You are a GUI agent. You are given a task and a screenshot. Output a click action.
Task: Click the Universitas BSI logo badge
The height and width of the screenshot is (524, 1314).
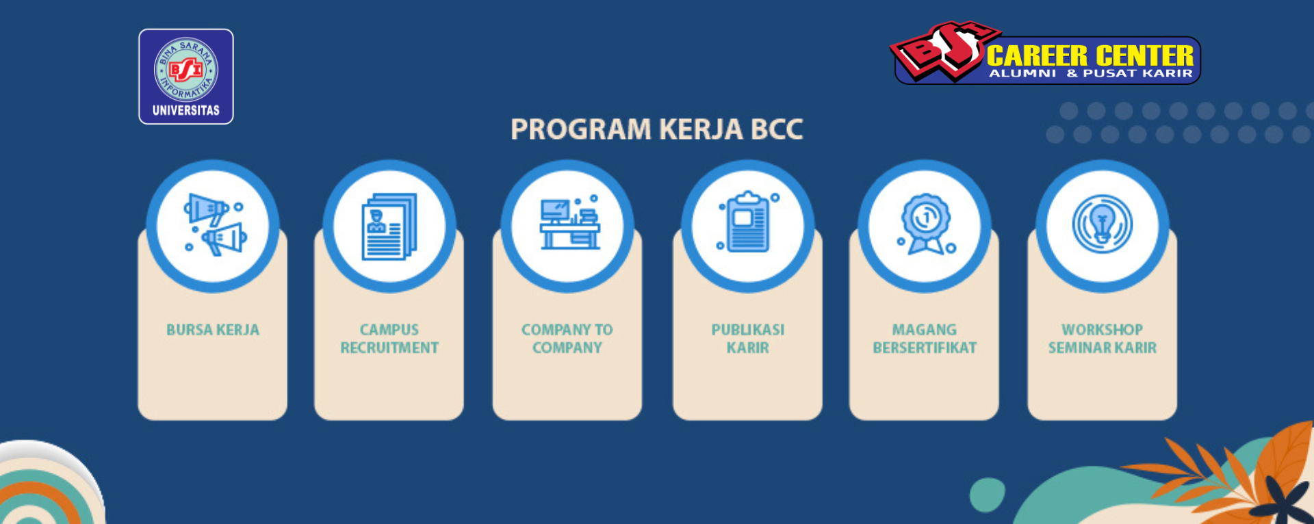point(186,77)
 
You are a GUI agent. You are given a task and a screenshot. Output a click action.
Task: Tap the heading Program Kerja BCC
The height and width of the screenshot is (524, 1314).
point(657,129)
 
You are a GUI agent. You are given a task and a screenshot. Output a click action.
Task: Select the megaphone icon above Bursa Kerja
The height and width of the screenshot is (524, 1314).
point(214,225)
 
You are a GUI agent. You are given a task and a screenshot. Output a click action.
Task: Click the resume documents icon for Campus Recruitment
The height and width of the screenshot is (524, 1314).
point(389,226)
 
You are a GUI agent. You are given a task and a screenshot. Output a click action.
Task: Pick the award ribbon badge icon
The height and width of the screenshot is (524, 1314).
point(925,224)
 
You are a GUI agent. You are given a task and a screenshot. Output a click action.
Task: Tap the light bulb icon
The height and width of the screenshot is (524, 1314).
point(1103,224)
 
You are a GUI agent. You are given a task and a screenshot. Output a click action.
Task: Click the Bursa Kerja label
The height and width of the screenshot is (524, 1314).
point(213,330)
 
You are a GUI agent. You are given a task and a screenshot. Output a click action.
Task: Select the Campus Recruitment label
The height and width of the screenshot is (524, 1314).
point(389,339)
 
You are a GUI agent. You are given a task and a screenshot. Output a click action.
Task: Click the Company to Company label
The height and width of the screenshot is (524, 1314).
point(567,339)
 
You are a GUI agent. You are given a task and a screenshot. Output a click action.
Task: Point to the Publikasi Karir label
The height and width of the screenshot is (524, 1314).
point(748,339)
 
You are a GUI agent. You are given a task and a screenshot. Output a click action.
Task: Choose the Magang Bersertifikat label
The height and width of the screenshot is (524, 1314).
point(925,339)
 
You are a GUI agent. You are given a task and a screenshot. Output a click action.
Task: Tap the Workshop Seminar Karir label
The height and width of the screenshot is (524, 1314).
point(1103,339)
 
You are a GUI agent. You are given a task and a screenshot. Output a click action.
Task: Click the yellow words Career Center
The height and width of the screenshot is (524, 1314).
point(1090,55)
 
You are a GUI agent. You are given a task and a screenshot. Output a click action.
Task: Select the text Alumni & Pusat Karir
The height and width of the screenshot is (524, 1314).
point(1091,73)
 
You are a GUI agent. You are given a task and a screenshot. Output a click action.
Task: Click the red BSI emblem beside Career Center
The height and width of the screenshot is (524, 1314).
point(944,49)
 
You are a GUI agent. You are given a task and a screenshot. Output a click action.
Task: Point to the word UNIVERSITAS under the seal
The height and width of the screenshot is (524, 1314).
point(186,110)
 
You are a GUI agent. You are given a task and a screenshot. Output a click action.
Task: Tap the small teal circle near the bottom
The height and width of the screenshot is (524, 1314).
point(988,495)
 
